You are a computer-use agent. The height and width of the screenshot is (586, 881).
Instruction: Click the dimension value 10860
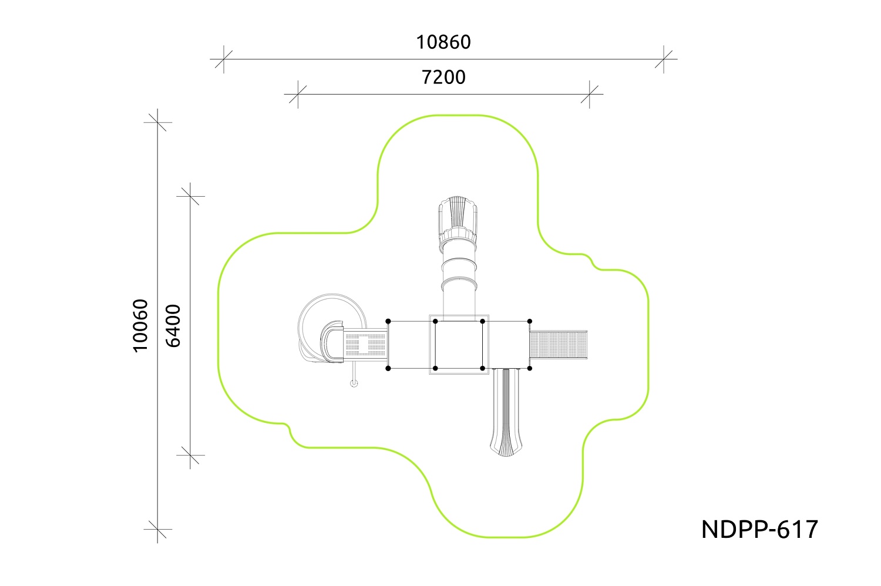(443, 42)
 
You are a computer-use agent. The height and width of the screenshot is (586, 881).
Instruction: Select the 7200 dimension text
(443, 77)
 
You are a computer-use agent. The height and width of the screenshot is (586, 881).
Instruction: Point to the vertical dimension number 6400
(173, 325)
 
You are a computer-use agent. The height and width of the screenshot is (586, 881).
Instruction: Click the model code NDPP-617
(759, 530)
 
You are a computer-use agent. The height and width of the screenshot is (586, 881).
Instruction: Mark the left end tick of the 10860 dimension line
(223, 59)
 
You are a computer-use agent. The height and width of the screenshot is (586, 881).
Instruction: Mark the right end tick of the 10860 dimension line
(664, 59)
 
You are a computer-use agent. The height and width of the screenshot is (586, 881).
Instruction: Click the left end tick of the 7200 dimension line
(298, 94)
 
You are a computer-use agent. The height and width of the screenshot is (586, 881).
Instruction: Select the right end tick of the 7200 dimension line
(589, 94)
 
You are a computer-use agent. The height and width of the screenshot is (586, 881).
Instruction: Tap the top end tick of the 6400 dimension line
(191, 196)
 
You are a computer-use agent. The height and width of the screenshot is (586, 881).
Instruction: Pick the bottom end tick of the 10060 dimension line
(157, 529)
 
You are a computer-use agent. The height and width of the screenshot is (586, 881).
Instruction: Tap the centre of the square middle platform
(459, 345)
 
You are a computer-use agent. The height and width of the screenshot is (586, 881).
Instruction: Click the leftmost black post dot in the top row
(388, 321)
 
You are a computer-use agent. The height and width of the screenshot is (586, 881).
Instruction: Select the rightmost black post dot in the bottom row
(530, 368)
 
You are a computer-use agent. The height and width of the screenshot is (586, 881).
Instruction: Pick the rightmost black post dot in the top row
(530, 321)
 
